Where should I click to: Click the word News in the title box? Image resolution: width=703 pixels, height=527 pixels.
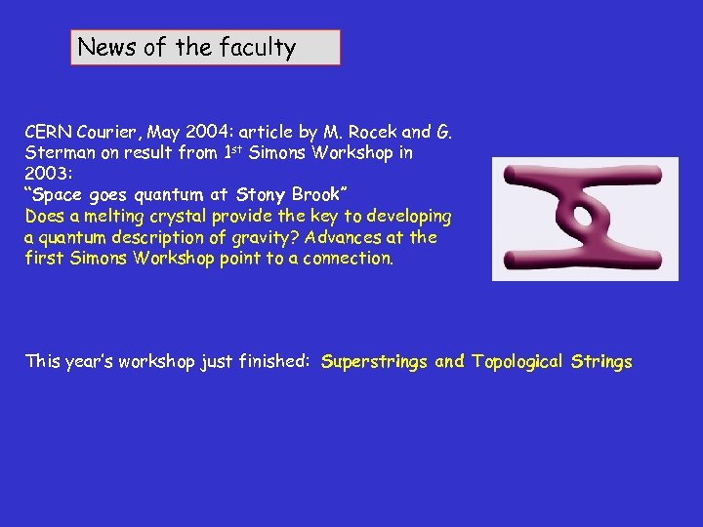coord(107,47)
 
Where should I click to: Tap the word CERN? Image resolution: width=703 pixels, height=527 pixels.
coord(45,132)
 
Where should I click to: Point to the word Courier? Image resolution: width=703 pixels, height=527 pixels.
coord(101,132)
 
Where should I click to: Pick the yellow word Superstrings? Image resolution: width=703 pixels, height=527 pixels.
coord(374,362)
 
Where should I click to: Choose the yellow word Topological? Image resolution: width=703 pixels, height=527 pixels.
coord(516,362)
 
